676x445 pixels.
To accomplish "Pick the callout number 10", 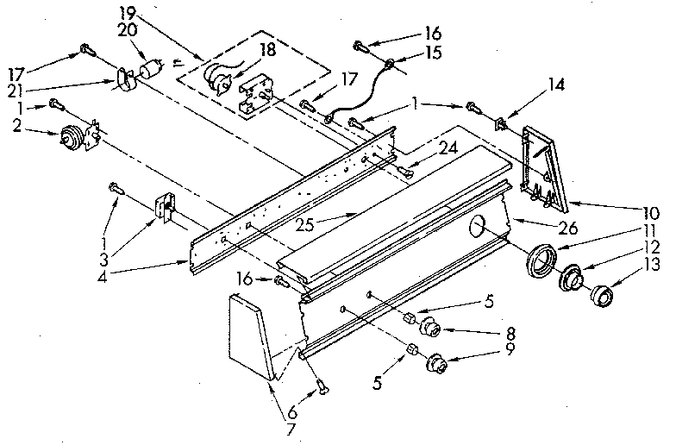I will point(649,211).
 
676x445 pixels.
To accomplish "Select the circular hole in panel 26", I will point(479,229).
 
